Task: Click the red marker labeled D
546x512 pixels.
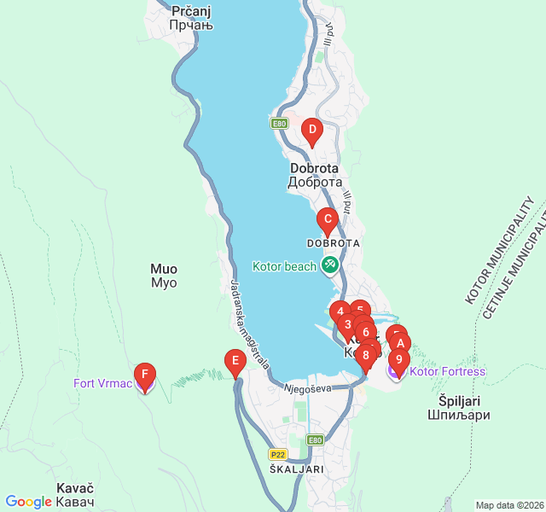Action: pyautogui.click(x=312, y=132)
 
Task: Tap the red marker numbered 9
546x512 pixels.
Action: pyautogui.click(x=398, y=358)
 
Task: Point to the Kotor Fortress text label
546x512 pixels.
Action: pyautogui.click(x=447, y=371)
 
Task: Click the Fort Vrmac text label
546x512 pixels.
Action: pyautogui.click(x=102, y=383)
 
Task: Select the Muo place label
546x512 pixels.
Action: pyautogui.click(x=164, y=275)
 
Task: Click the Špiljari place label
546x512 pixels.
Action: pyautogui.click(x=458, y=407)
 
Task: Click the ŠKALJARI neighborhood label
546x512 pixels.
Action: pyautogui.click(x=296, y=469)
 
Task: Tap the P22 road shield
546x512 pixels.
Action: pyautogui.click(x=277, y=455)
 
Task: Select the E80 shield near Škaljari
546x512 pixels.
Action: pyautogui.click(x=315, y=440)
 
